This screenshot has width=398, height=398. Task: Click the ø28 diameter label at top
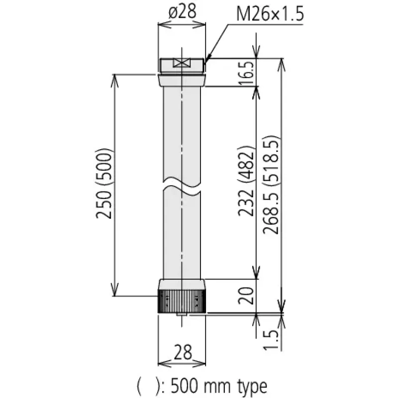pos(182,11)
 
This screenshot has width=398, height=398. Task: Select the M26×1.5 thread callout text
pos(270,14)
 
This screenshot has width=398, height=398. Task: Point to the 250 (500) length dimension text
pos(104,183)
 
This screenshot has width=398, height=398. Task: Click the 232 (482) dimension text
pos(246,181)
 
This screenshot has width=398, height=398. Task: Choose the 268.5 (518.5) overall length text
pos(271,185)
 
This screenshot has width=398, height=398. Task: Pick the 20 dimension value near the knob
pos(246,296)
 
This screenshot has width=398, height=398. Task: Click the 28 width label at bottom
pos(183,352)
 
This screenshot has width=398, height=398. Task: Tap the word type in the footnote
pos(252,387)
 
